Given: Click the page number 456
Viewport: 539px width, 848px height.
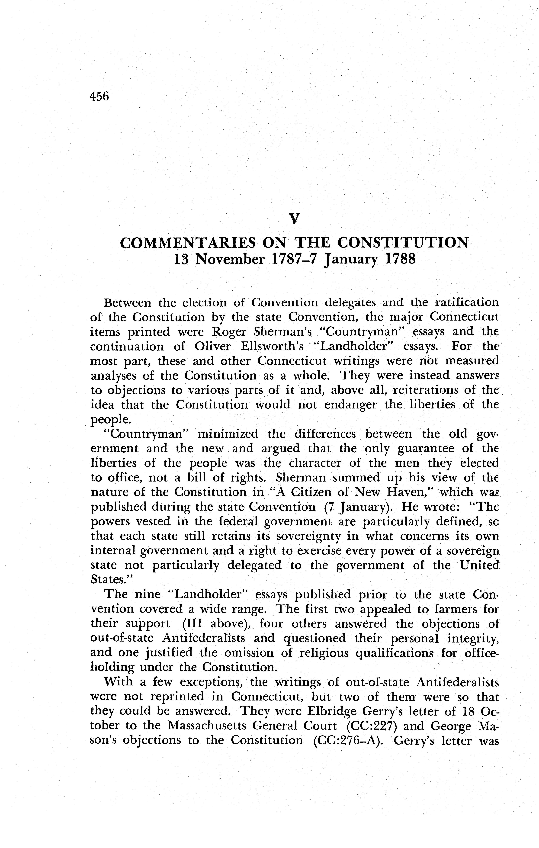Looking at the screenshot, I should (100, 96).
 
